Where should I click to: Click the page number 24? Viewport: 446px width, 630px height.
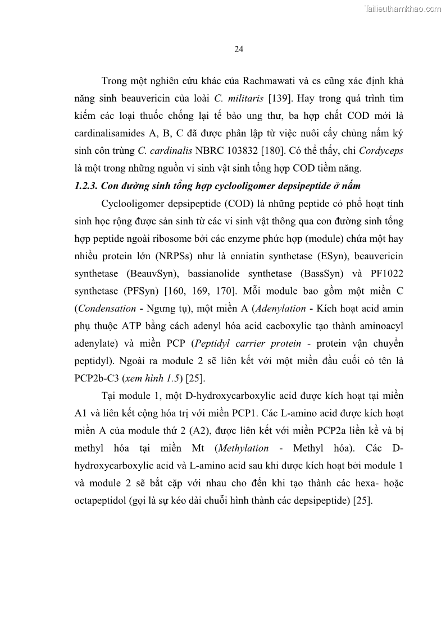tap(238, 49)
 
